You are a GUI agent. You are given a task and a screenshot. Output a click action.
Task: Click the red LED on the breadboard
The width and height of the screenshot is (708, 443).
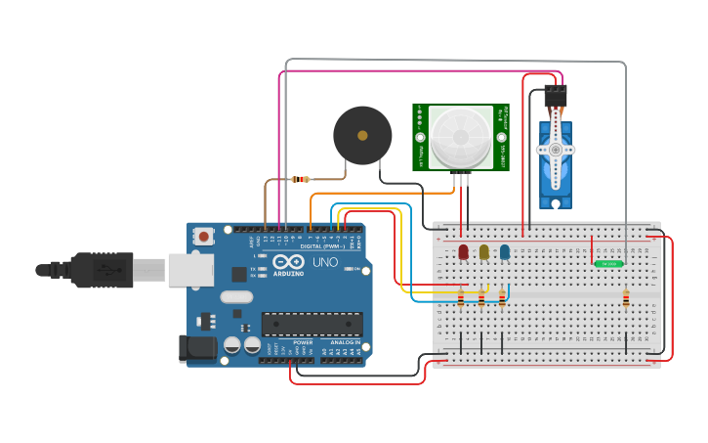tap(463, 252)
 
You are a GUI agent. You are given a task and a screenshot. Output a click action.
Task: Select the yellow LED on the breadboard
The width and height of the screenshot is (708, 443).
tap(483, 252)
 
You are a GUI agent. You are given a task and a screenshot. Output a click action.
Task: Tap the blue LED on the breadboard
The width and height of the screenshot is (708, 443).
tap(504, 252)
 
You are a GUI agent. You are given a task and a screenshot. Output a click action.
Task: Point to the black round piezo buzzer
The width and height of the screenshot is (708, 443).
tap(362, 135)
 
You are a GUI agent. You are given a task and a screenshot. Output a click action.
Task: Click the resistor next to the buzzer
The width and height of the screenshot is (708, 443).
tap(301, 179)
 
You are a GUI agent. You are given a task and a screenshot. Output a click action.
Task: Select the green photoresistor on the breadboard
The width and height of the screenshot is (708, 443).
tap(608, 264)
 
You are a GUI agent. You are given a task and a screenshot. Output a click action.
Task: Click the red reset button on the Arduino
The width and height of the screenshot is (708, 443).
tap(204, 236)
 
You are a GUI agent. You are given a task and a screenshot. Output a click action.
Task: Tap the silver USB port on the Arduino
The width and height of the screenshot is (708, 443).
tap(189, 270)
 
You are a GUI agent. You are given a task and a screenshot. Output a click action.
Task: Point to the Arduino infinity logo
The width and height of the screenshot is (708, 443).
tap(288, 262)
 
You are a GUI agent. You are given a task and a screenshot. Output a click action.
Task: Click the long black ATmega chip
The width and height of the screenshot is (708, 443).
tap(312, 324)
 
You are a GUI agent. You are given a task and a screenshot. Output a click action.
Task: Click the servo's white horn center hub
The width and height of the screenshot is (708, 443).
tap(556, 150)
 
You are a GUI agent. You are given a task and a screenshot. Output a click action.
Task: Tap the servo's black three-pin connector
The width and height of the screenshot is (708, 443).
tap(556, 96)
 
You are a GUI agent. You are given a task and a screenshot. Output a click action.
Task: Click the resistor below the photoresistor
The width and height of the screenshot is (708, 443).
tap(626, 298)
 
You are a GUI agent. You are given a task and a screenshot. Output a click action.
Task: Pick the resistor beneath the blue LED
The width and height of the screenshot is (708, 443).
tap(502, 298)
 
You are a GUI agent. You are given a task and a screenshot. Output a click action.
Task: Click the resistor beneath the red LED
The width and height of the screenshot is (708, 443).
tap(461, 299)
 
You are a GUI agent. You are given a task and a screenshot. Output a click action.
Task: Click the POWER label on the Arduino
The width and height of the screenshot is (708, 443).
tap(303, 342)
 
